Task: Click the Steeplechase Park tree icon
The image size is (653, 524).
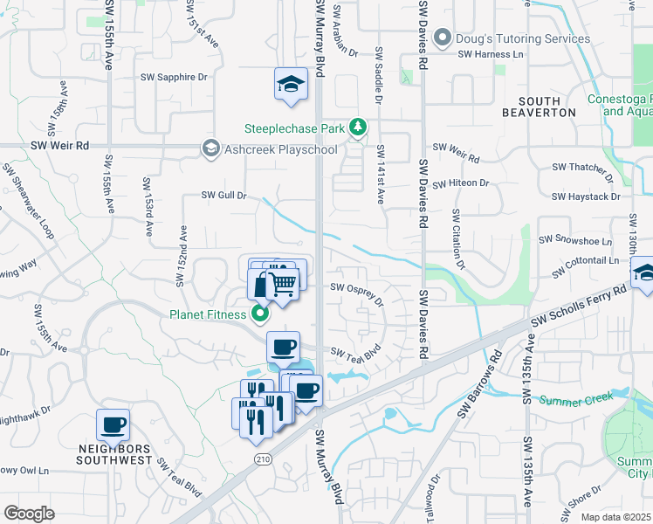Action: tap(357, 128)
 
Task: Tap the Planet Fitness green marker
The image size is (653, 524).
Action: tap(259, 314)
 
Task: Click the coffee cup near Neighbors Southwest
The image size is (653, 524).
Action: tap(113, 425)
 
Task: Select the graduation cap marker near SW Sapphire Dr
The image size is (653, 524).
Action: tap(292, 84)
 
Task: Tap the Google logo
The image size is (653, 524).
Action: tap(30, 513)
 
